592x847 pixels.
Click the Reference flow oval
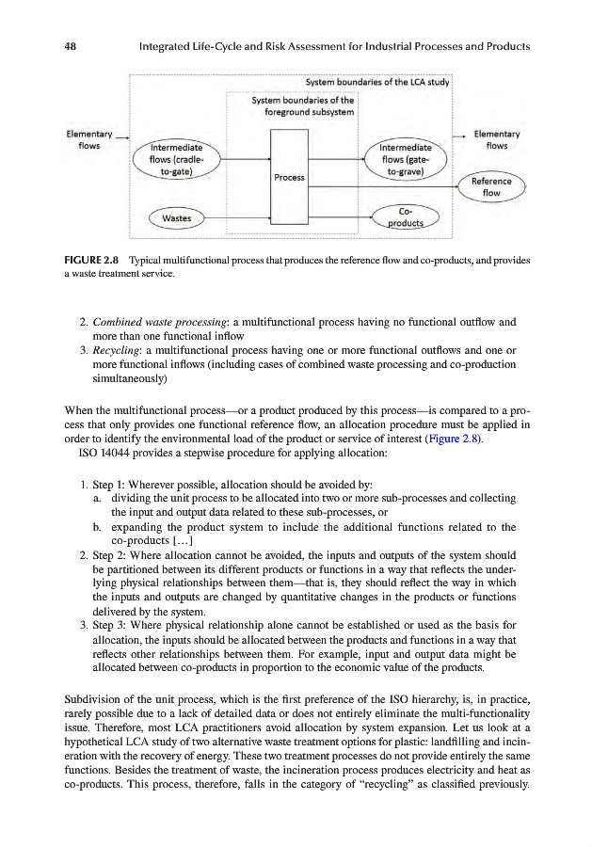(x=491, y=187)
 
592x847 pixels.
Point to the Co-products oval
(x=407, y=216)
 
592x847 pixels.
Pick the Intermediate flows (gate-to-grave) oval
(x=408, y=160)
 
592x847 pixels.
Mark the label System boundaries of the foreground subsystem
(x=303, y=106)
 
